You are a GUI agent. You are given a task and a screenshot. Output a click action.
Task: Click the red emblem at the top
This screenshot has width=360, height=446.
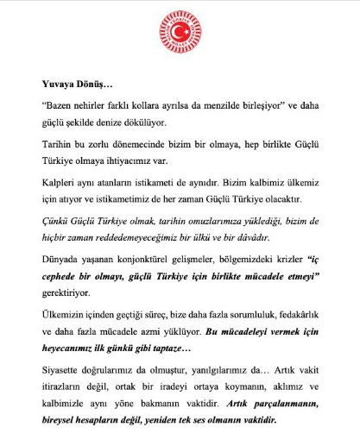(180, 35)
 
